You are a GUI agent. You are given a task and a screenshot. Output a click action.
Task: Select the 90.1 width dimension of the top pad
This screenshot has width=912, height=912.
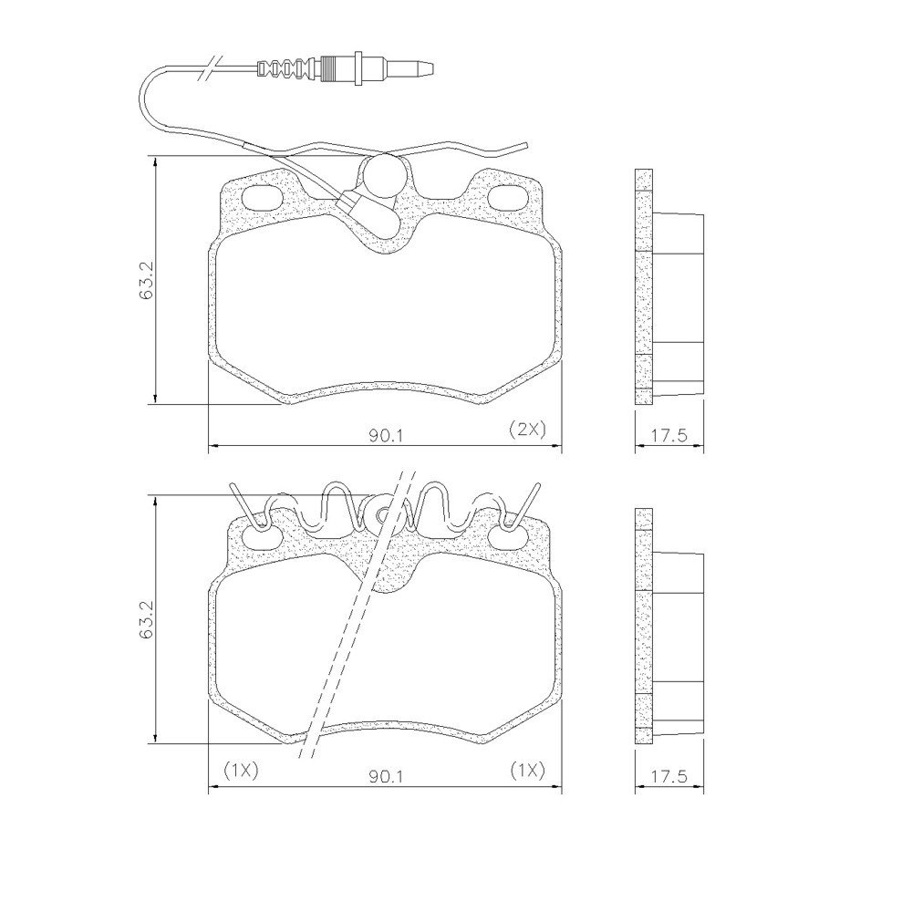point(385,434)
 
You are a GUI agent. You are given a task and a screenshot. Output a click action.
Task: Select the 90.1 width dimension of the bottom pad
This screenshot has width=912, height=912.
point(385,776)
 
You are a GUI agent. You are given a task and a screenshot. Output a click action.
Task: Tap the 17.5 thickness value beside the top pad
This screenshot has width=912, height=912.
point(668,434)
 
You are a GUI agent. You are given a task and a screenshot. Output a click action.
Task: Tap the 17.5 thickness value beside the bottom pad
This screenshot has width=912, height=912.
point(668,776)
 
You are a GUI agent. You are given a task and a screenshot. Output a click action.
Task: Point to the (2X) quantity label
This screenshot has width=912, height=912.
point(527,430)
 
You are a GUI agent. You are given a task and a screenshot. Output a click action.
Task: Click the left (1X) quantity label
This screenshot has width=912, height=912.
point(241,771)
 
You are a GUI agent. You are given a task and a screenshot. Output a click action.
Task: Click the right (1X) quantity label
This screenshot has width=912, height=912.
point(527,771)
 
